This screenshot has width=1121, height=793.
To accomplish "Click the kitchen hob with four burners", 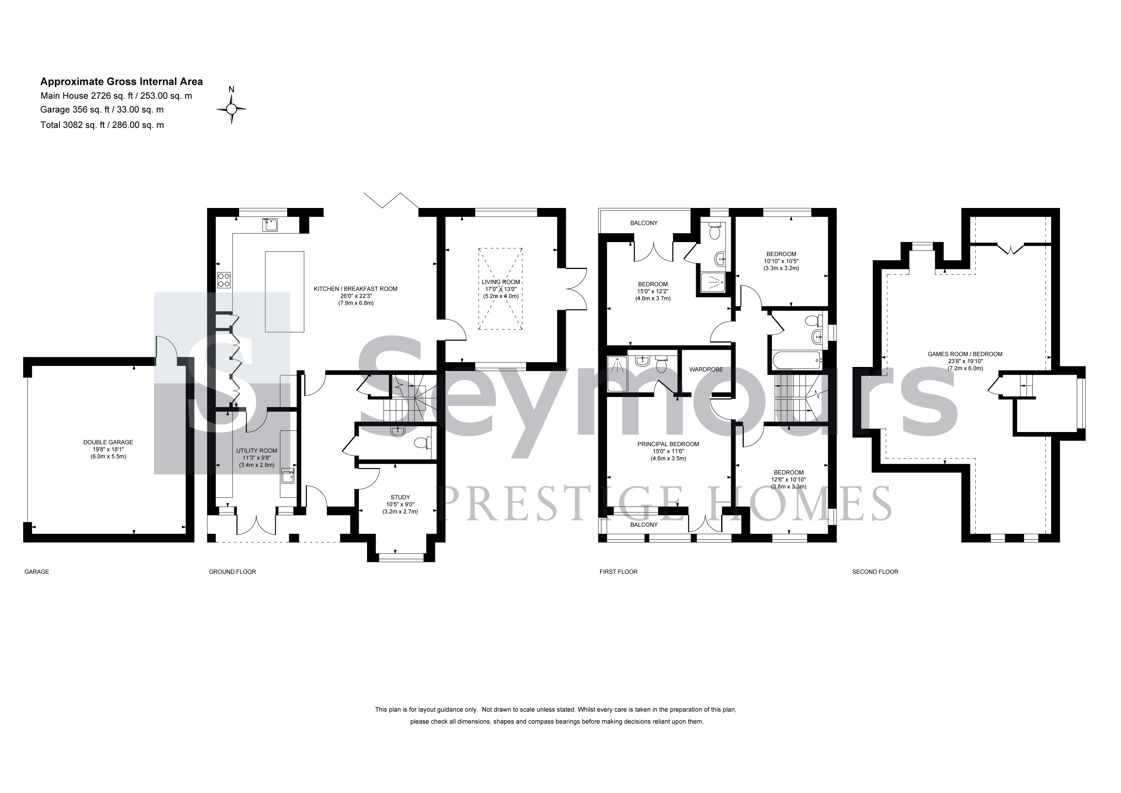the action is tap(224, 280).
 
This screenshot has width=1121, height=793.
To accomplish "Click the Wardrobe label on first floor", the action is tap(706, 370).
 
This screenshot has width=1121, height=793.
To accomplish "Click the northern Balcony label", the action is tap(644, 223).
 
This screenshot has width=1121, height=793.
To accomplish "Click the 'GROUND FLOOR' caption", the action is tap(232, 572).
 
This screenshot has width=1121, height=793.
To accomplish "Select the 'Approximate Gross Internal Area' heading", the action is tap(121, 82).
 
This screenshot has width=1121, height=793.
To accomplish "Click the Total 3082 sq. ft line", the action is tap(102, 125).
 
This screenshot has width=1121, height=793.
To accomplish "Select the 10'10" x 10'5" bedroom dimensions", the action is tap(781, 261).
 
